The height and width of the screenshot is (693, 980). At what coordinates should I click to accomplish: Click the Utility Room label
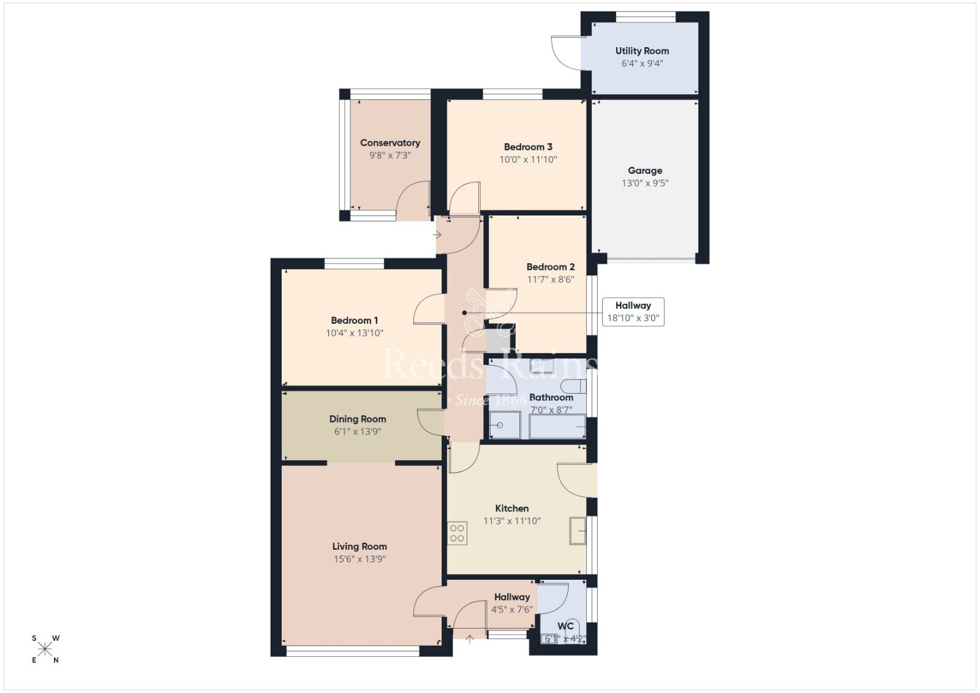(642, 51)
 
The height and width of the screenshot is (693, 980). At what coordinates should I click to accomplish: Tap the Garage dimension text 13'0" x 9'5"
(645, 183)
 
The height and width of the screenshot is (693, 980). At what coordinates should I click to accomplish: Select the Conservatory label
(390, 143)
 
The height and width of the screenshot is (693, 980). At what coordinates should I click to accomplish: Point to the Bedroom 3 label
(528, 147)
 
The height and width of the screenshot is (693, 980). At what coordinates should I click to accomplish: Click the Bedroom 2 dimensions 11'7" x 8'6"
(551, 280)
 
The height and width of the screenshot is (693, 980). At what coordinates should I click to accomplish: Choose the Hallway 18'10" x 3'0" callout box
(633, 312)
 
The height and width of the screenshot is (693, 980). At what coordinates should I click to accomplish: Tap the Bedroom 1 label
(354, 320)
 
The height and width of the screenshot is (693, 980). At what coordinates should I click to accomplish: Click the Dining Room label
(358, 419)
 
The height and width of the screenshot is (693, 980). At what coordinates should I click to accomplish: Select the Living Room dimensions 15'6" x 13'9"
(360, 559)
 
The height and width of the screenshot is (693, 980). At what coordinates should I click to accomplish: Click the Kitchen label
(511, 508)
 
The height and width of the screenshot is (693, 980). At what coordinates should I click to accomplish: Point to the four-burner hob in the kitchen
(457, 533)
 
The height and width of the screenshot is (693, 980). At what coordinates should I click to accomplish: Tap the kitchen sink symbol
(578, 530)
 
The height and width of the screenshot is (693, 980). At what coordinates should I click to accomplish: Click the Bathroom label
(551, 397)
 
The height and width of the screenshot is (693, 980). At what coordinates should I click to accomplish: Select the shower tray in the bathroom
(505, 425)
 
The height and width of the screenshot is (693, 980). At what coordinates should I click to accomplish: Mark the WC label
(565, 626)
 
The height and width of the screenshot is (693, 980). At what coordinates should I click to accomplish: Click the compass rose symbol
(45, 649)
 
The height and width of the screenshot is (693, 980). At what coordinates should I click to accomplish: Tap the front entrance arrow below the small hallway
(470, 640)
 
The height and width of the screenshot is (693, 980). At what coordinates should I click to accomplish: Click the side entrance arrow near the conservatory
(437, 234)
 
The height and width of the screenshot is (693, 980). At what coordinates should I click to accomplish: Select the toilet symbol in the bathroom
(575, 386)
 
